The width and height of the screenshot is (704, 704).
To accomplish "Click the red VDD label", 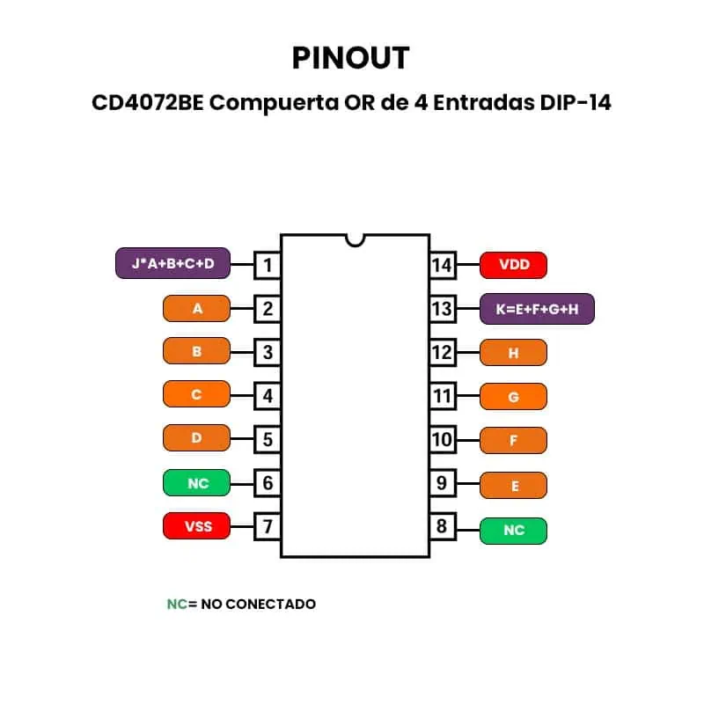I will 513,265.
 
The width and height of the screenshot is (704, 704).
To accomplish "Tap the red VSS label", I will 197,526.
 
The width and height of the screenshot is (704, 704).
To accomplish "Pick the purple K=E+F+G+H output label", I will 537,309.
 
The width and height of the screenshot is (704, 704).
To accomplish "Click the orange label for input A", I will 197,309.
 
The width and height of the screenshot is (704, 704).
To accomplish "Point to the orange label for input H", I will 513,353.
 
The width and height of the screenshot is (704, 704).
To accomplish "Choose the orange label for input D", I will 197,437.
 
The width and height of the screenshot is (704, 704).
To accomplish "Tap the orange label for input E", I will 513,485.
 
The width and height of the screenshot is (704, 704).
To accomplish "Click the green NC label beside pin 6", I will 197,483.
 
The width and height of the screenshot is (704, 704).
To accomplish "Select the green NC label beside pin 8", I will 513,531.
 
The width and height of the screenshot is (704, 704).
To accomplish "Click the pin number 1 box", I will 268,265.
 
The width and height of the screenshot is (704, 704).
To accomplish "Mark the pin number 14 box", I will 442,265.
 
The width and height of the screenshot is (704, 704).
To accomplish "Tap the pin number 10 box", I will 442,438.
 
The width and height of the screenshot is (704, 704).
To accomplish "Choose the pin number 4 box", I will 268,396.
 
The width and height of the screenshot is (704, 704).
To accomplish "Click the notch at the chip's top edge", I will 356,238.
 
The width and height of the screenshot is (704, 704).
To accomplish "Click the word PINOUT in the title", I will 350,58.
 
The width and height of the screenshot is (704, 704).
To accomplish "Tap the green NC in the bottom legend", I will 177,604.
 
